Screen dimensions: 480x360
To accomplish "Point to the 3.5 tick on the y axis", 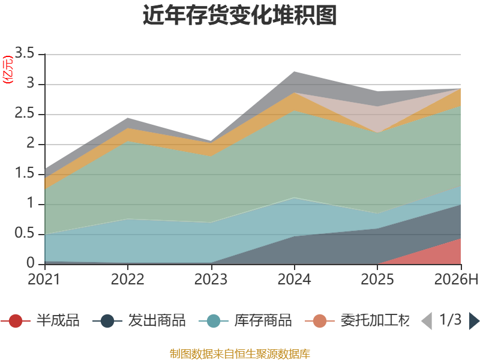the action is coord(25,53).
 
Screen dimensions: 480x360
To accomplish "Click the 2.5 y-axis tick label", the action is coord(25,113).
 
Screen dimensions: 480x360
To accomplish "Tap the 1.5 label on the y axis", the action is coord(25,173).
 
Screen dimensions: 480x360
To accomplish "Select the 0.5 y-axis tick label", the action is coord(25,233).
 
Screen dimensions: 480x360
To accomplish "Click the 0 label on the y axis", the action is coord(31,263).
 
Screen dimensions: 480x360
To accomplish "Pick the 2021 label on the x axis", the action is coord(44,279).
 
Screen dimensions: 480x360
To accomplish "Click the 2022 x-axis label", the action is coord(127,279).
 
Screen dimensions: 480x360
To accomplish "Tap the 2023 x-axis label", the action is coord(211,279).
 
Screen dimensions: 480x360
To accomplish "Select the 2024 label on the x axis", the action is coord(294,279).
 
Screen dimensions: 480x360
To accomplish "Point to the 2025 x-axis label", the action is coord(377,279).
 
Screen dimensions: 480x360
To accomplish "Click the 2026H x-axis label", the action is coord(456,279).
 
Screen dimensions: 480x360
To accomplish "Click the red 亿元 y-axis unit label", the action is coord(8,70).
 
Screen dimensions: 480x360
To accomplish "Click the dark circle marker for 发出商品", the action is coord(107,321).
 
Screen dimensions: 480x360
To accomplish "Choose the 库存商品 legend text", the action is coord(263,320).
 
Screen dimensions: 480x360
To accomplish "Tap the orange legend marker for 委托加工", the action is coord(320,321).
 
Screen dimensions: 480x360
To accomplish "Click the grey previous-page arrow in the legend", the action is coord(427,321).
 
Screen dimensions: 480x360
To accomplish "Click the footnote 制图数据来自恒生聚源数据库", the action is coord(240,354).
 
